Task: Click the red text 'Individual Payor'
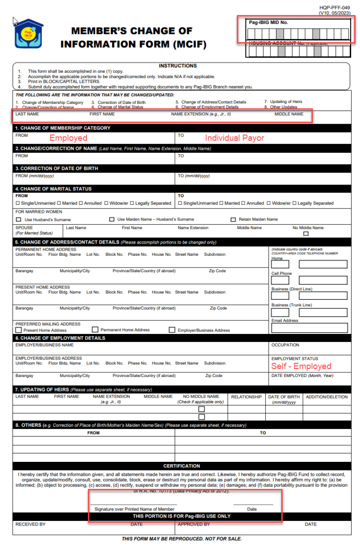pos(234,138)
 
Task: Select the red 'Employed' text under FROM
pos(68,138)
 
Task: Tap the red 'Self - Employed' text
pos(301,366)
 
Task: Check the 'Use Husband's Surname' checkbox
pos(19,220)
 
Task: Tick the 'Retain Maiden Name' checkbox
pos(233,220)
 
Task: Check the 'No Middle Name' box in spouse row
pos(306,234)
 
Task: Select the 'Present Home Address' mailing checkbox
pos(18,330)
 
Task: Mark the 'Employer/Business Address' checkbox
pos(172,330)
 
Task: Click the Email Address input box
pos(309,328)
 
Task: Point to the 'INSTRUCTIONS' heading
pos(178,66)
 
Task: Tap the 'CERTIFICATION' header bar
pos(182,466)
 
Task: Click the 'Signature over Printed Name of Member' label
pos(135,509)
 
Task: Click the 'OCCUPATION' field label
pos(285,345)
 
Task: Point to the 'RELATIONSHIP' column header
pos(246,397)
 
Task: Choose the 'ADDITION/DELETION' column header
pos(327,397)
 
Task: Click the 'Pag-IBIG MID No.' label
pos(269,22)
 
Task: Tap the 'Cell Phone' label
pos(281,274)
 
